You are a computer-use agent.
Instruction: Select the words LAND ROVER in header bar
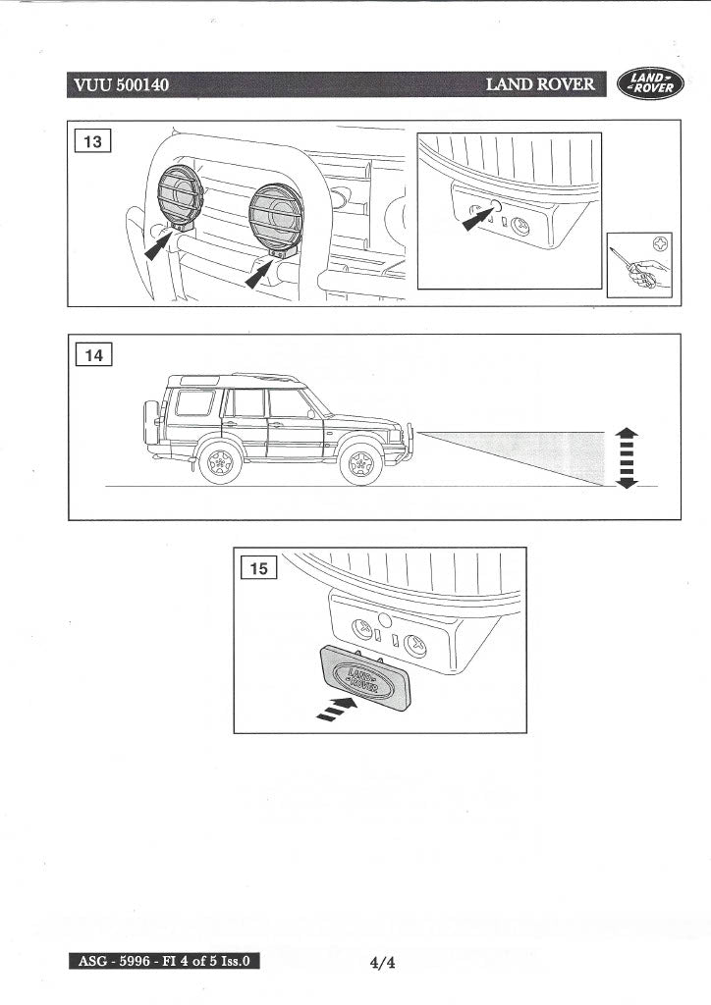pos(540,84)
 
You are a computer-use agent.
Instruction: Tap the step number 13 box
pos(94,141)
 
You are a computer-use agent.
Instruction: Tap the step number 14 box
pos(94,354)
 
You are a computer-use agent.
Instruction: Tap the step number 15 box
pos(260,567)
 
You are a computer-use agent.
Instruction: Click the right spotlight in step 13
pos(275,216)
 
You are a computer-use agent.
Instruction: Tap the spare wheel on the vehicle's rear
pos(151,422)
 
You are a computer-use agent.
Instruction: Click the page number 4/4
pos(382,963)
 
